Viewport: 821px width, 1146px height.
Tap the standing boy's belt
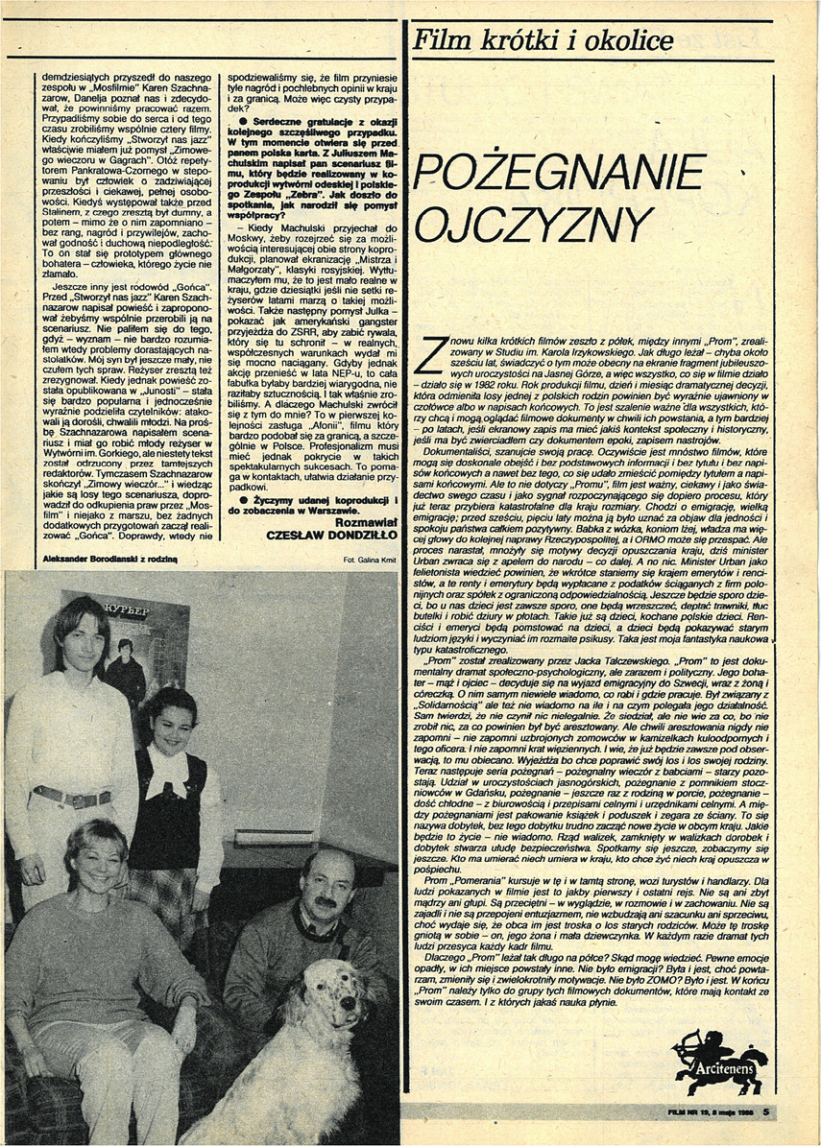[72, 796]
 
